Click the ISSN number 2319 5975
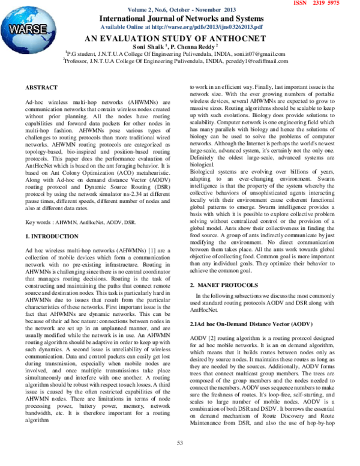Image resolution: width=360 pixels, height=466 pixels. (326, 4)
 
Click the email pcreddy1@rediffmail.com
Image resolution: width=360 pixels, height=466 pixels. (259, 61)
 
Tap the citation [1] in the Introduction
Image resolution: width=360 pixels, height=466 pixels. (142, 247)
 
